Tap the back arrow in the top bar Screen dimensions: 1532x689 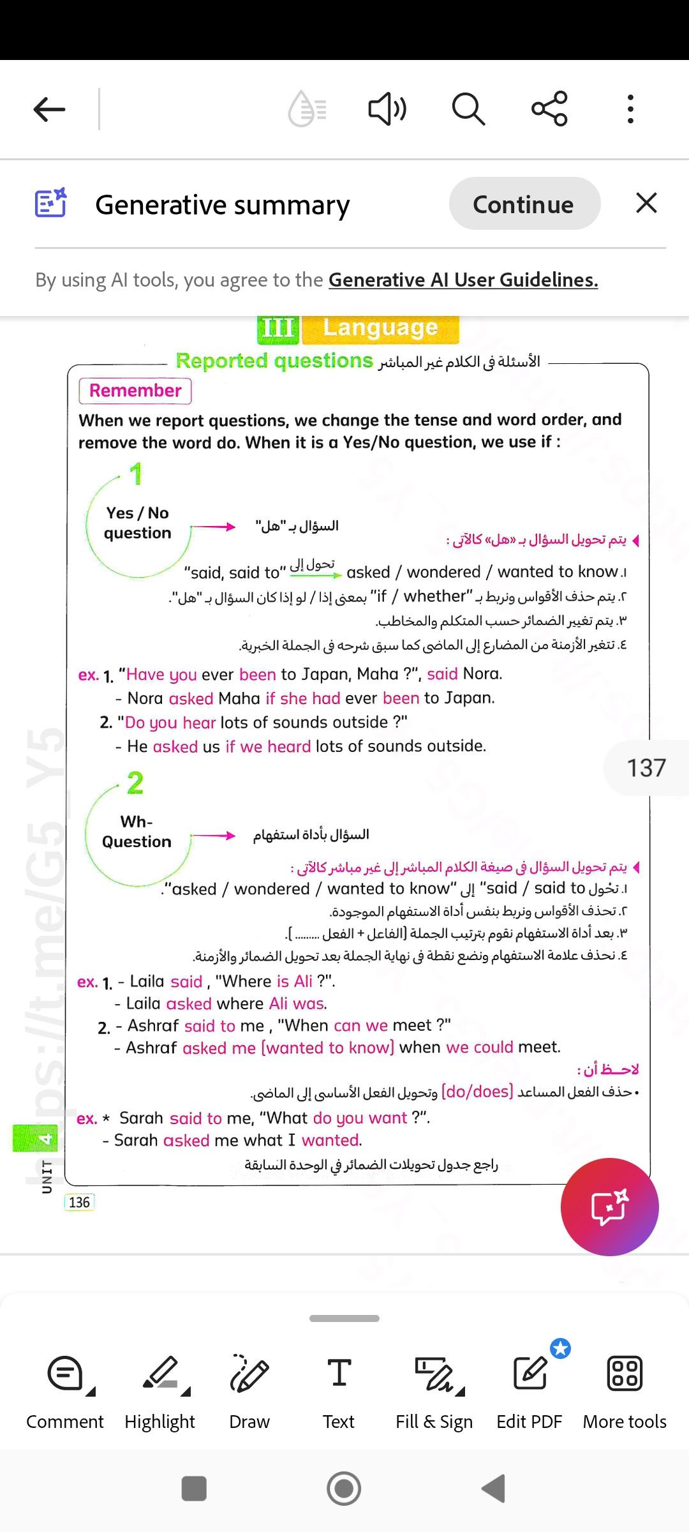click(50, 109)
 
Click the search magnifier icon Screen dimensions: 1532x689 click(468, 109)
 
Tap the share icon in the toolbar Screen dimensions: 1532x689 click(549, 109)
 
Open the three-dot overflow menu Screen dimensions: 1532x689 click(630, 109)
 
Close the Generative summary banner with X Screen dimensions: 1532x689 click(646, 204)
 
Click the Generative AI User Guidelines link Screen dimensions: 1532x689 click(463, 280)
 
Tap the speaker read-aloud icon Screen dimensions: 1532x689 click(387, 109)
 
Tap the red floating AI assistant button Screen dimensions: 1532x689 click(609, 1206)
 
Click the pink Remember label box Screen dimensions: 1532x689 click(135, 391)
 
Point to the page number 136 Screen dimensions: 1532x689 click(79, 1202)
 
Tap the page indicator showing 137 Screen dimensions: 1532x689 click(646, 767)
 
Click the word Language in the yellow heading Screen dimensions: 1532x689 click(380, 328)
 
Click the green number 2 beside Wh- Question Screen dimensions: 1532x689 click(135, 783)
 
